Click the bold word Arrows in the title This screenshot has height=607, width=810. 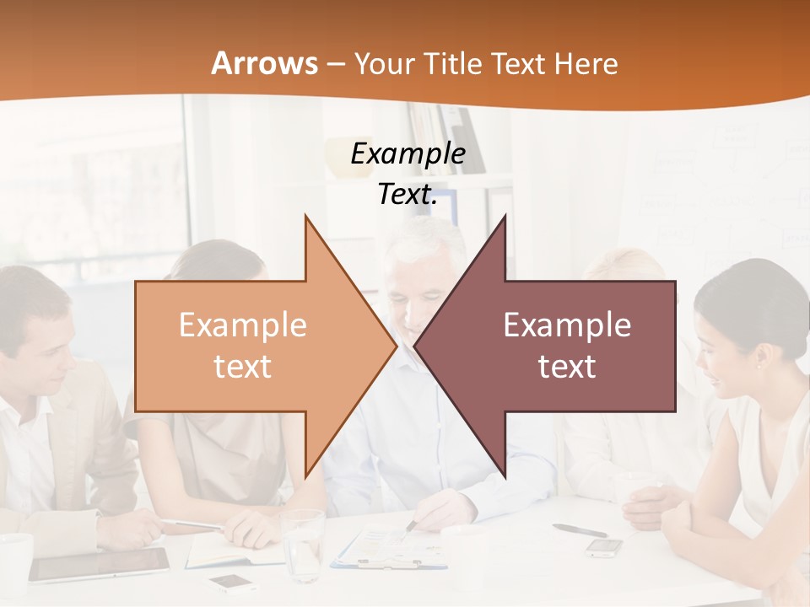pos(264,64)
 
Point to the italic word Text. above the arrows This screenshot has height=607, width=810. pos(408,195)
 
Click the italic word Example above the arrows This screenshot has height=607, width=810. pos(408,154)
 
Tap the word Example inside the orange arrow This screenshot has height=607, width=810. pos(243,325)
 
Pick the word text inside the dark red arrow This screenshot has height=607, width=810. pos(567,367)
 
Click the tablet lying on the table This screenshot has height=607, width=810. pos(100,564)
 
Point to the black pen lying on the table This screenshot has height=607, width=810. pos(580,530)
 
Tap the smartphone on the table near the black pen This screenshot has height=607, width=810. pos(604,547)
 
